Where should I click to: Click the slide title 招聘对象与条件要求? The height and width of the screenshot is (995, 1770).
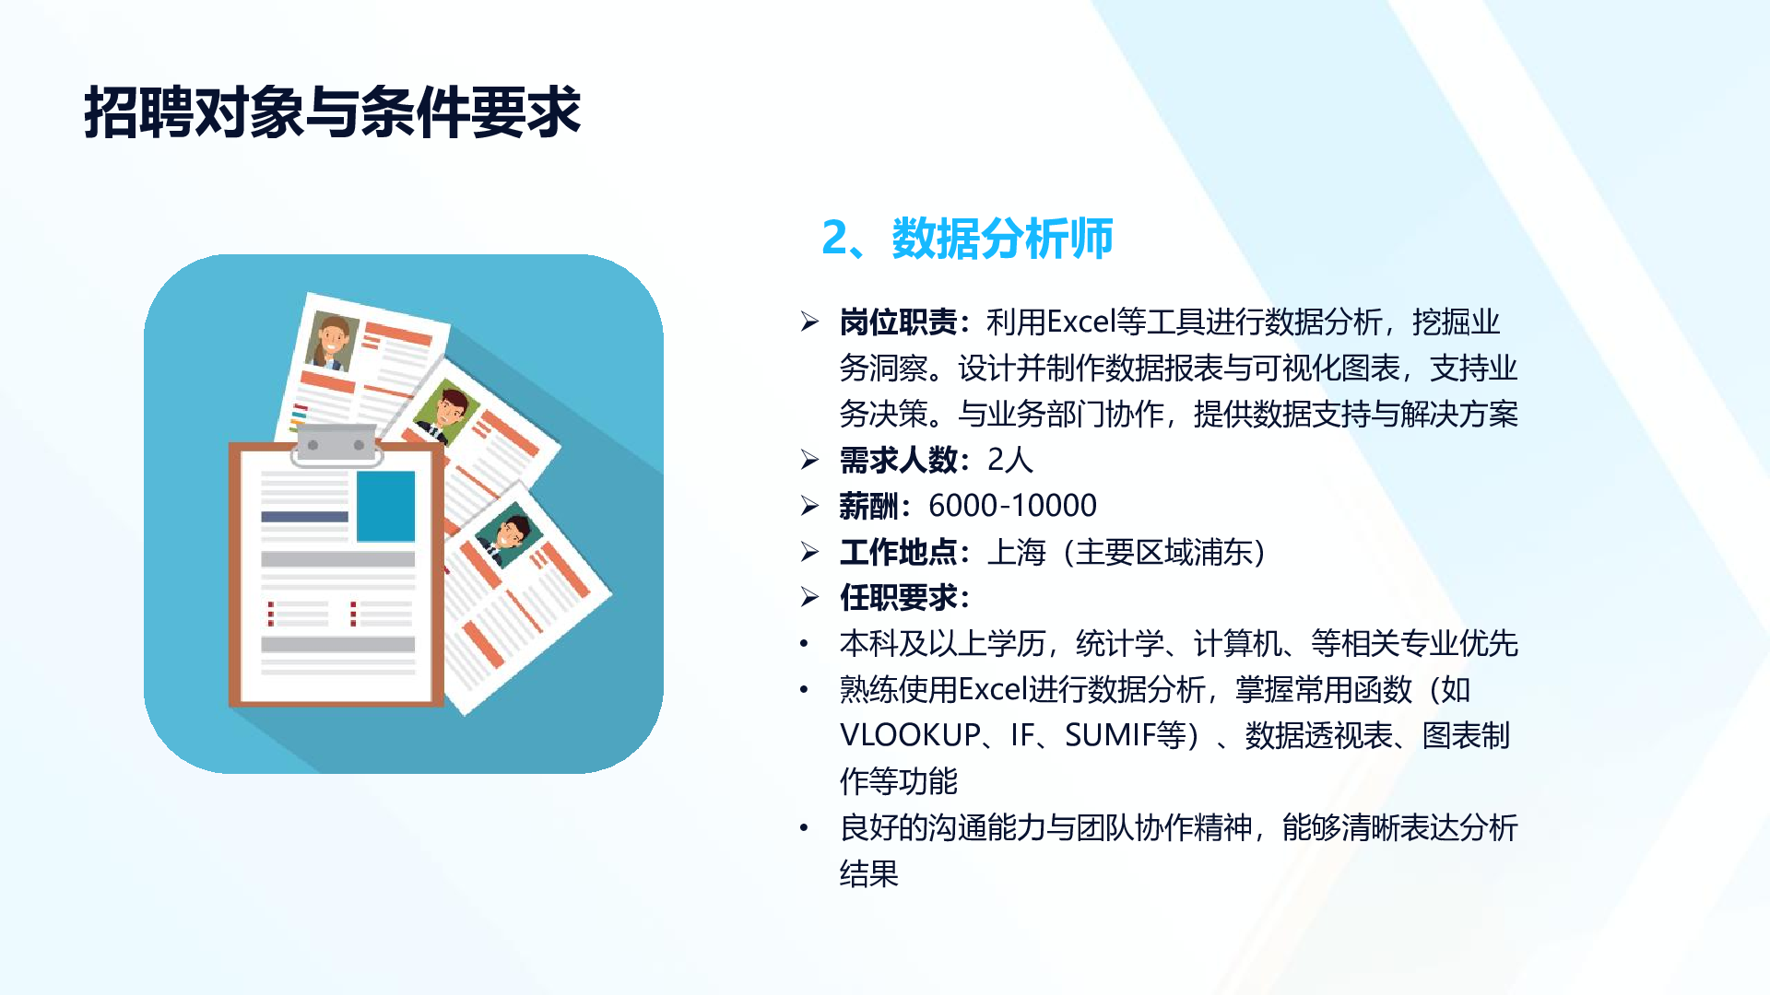pos(332,112)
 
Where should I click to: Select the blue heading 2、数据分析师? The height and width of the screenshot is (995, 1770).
pos(967,238)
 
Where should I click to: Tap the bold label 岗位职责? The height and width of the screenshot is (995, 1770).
pos(898,322)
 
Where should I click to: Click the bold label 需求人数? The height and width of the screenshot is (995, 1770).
pos(898,459)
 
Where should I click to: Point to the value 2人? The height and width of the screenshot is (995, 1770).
pos(1009,459)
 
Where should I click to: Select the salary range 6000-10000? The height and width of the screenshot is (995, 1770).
pos(1012,505)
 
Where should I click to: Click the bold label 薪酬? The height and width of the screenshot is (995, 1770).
pos(868,505)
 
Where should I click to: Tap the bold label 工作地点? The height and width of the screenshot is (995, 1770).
pos(898,552)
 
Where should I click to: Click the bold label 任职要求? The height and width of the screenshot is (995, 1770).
pos(898,597)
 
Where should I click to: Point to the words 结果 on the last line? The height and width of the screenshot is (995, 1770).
pos(868,873)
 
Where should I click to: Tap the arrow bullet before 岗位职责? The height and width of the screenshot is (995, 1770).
pos(809,322)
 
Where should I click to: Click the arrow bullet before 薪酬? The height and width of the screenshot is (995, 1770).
pos(809,505)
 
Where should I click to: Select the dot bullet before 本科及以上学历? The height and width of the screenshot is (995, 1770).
pos(804,644)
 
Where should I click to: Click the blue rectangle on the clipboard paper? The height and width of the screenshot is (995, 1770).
pos(385,506)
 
